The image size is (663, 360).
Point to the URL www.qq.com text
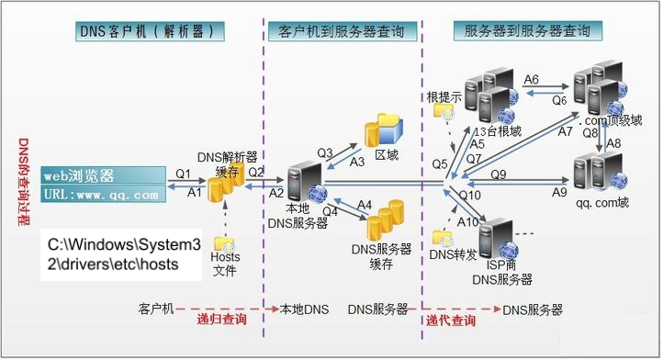(x=101, y=195)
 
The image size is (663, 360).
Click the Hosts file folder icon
(x=224, y=244)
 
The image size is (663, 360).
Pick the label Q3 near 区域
(x=325, y=152)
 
